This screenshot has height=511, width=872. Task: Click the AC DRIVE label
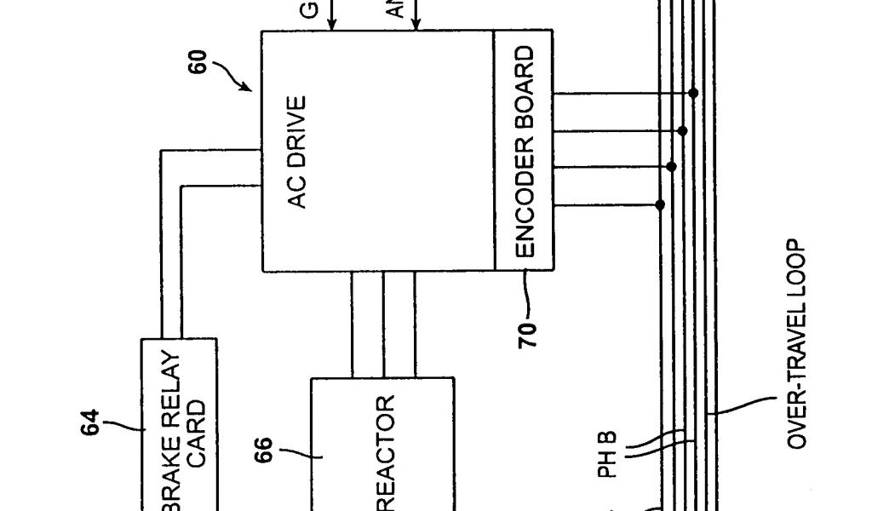(x=297, y=152)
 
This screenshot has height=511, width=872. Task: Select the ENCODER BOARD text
(x=525, y=152)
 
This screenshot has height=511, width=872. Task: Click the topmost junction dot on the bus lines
(x=694, y=93)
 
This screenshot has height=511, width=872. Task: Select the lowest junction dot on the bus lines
(x=660, y=204)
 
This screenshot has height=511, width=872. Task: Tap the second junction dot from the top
(x=683, y=130)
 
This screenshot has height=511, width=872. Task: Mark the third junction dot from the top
(x=671, y=167)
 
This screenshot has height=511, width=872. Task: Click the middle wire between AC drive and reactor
(x=383, y=324)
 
